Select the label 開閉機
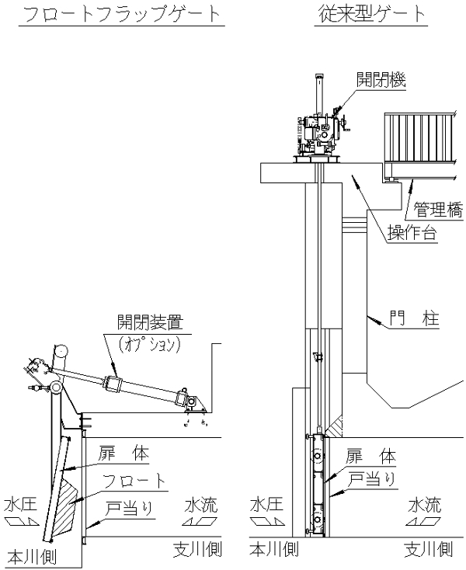(382, 79)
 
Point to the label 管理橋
(436, 209)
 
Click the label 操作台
(411, 234)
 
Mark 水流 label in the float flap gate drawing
(200, 506)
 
